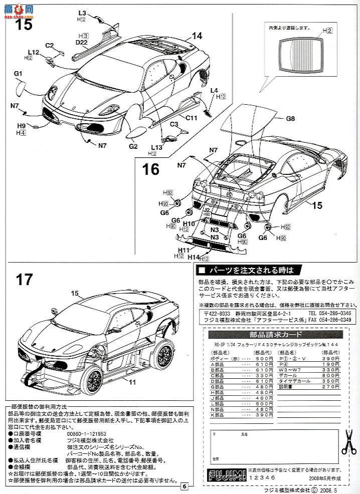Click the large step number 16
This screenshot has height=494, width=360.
tap(151, 169)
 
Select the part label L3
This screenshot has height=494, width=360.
tap(82, 13)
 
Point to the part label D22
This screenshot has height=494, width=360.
tap(82, 43)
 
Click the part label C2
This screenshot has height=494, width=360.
tap(49, 46)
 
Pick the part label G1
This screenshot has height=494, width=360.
tap(19, 74)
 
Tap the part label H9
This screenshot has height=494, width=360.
tap(21, 126)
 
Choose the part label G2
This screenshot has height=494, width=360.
tap(133, 146)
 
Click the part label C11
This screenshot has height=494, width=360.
tap(191, 118)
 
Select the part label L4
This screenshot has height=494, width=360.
tap(214, 90)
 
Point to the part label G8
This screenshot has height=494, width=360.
tap(291, 119)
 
